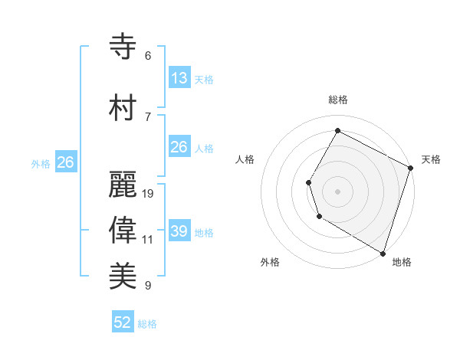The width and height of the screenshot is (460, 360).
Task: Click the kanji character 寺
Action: [x=123, y=46]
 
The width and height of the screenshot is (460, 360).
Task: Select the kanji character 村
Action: [x=123, y=107]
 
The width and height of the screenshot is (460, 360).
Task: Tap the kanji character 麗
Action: [x=123, y=184]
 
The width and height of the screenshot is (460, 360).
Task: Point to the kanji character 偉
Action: [x=123, y=230]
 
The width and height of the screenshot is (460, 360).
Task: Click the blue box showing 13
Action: [x=179, y=78]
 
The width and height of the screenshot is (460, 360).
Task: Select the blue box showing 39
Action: [x=179, y=231]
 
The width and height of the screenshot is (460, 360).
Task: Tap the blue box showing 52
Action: [x=123, y=322]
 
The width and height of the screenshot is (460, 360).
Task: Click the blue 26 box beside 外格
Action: [x=65, y=162]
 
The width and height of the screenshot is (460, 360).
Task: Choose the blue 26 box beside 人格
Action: [x=179, y=147]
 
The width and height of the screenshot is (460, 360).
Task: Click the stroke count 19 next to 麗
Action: [x=148, y=194]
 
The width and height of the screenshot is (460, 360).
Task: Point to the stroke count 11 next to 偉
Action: [x=148, y=240]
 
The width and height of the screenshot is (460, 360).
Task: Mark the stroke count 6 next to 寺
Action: [x=148, y=56]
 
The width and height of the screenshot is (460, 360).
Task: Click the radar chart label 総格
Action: [x=337, y=100]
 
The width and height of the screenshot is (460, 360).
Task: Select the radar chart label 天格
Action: [x=431, y=159]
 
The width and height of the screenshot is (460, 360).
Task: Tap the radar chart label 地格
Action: [x=402, y=262]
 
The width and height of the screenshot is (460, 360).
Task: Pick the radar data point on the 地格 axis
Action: [x=383, y=253]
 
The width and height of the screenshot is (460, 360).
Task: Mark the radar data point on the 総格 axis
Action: [x=337, y=130]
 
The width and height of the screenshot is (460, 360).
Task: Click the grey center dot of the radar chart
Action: [x=337, y=191]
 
